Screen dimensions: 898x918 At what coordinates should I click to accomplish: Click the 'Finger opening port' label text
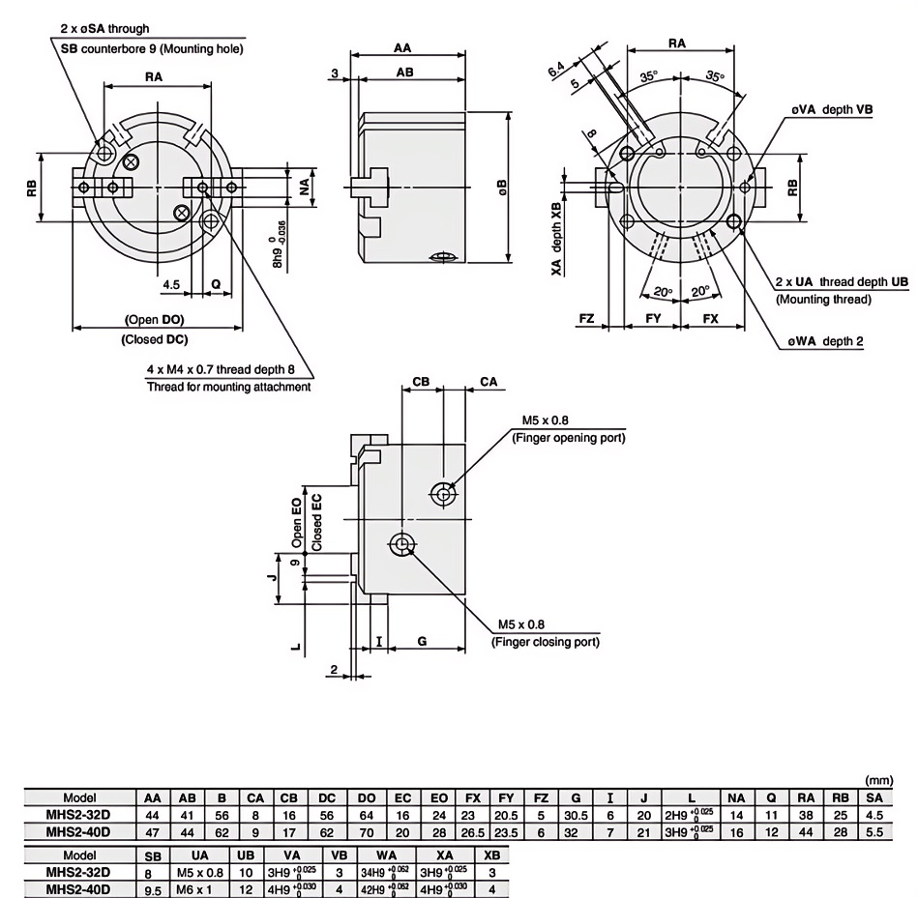tap(567, 438)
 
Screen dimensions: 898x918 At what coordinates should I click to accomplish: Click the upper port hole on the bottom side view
tap(443, 494)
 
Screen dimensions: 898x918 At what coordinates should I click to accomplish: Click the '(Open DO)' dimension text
tap(155, 319)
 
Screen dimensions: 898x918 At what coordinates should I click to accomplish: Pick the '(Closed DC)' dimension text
tap(155, 339)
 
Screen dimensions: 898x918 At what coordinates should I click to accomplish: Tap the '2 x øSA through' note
tap(104, 30)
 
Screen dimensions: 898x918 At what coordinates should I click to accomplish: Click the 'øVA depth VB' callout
tap(831, 110)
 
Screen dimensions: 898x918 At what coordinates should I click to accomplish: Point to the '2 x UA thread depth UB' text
tap(842, 281)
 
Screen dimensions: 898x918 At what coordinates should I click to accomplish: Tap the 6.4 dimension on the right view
tap(556, 69)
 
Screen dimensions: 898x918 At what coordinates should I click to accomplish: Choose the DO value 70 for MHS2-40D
tap(367, 830)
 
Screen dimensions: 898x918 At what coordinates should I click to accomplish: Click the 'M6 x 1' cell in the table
tap(200, 888)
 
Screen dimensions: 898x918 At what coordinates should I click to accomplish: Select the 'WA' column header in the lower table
tap(386, 855)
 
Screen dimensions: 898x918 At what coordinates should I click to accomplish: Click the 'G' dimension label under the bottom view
tap(422, 640)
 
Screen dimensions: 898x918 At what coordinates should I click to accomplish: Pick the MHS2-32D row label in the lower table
tap(78, 872)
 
